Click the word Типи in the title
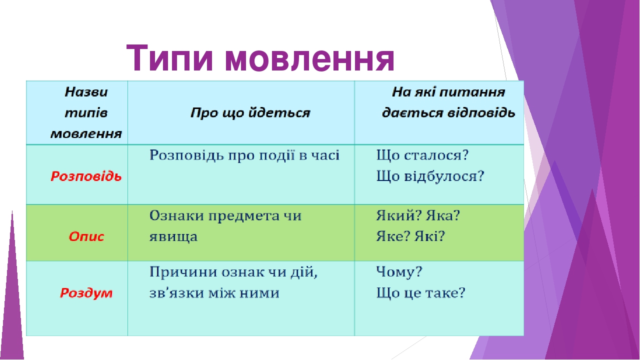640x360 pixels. point(170,58)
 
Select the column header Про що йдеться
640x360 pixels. point(250,113)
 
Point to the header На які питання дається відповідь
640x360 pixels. point(448,102)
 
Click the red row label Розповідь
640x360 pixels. point(86,176)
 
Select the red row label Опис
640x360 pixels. point(86,236)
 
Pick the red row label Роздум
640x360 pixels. point(86,293)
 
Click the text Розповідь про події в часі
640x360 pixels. point(244,155)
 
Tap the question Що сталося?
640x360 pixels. point(422,155)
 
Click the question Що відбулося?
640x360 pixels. point(430,176)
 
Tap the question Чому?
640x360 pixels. point(399,273)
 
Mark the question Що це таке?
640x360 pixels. point(420,293)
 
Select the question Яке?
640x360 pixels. point(393,236)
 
